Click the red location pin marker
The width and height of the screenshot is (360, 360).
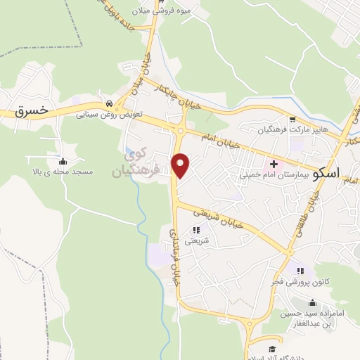(181, 165)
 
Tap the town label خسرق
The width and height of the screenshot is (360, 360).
(32, 111)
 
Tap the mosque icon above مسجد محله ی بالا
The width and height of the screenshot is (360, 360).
(64, 160)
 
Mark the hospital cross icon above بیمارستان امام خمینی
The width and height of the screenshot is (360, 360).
(274, 164)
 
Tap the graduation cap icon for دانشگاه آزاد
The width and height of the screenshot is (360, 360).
(271, 349)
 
